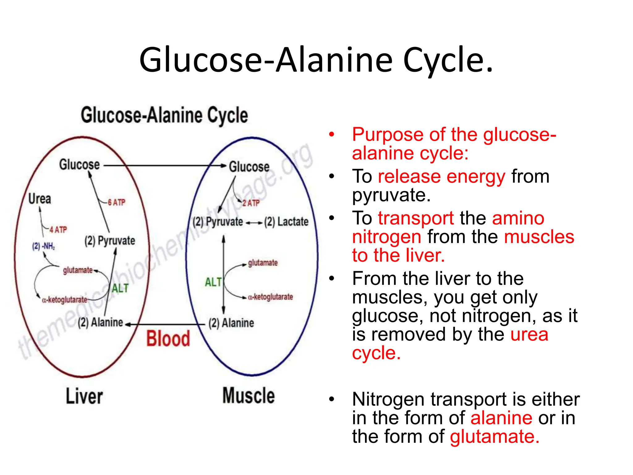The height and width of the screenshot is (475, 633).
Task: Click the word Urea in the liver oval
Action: [x=40, y=199]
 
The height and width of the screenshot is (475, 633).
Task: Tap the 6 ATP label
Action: [x=117, y=203]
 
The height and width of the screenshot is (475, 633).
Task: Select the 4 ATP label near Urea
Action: [x=58, y=230]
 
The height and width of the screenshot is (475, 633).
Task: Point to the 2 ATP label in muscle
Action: [x=251, y=203]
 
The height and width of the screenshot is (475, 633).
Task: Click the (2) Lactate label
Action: [x=286, y=222]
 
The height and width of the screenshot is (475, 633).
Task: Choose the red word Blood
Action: [x=168, y=338]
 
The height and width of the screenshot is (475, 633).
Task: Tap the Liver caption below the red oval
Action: [x=84, y=396]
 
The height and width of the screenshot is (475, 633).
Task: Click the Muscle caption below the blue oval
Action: [x=249, y=396]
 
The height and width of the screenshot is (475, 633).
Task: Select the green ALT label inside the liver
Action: [x=120, y=288]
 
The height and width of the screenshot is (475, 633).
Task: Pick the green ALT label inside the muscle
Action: [x=213, y=282]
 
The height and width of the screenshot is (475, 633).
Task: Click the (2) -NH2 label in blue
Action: [x=43, y=246]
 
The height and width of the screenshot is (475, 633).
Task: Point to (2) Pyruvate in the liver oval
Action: [x=110, y=241]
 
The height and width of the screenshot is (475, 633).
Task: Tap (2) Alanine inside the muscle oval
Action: [x=231, y=323]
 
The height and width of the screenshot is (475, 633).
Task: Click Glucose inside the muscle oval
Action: [x=249, y=167]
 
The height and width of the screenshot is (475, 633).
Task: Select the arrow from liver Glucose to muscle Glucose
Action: [x=164, y=166]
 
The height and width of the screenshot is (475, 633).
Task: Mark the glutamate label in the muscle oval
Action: [x=263, y=263]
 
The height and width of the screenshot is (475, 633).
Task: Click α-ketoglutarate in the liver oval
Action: [x=65, y=300]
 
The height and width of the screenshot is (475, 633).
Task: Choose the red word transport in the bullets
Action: [x=416, y=218]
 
